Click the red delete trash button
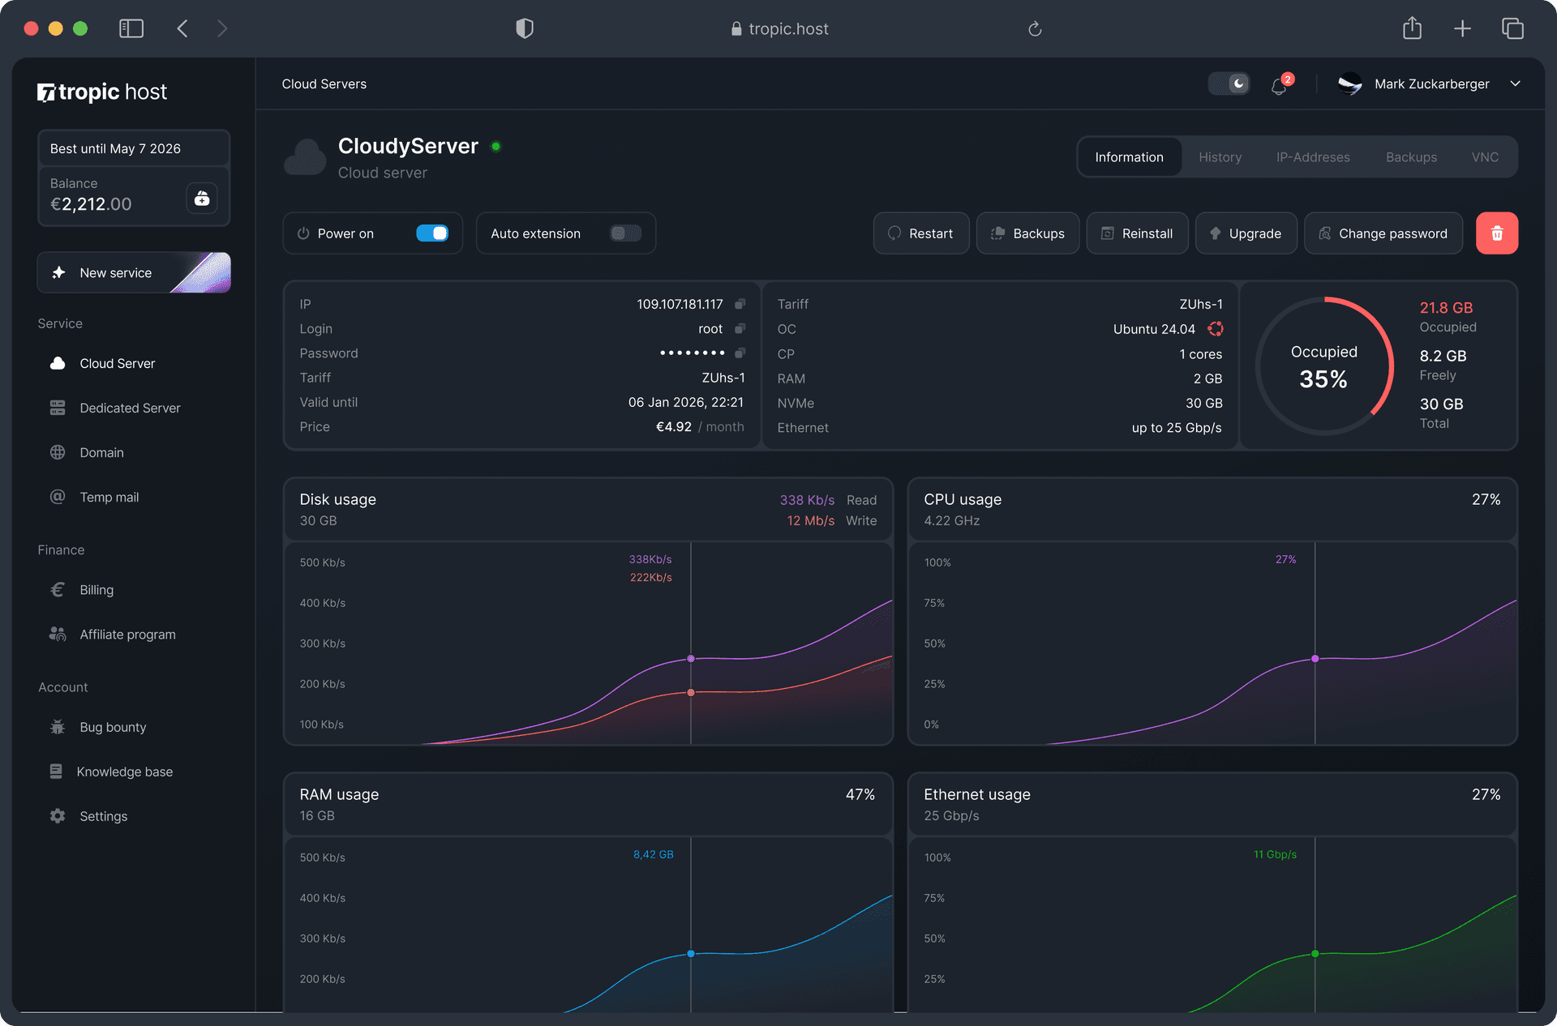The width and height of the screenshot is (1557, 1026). [1496, 233]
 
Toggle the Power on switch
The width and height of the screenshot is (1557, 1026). [432, 233]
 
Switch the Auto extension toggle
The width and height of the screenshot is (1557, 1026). [625, 233]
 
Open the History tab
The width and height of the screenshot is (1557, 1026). [1220, 157]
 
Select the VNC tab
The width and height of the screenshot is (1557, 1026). [1485, 157]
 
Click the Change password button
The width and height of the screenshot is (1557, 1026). [1383, 233]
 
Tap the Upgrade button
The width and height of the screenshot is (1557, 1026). [1246, 233]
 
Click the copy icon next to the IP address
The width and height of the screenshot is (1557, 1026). [740, 304]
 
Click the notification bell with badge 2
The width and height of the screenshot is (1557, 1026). [1280, 85]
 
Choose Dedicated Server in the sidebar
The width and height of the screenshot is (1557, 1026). [130, 408]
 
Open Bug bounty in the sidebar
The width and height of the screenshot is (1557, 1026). [113, 727]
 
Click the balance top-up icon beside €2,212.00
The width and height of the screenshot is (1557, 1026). [202, 198]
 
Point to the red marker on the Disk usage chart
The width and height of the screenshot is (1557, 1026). [691, 692]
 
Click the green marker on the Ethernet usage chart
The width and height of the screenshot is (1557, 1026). [1315, 954]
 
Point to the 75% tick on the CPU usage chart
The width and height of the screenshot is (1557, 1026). [934, 603]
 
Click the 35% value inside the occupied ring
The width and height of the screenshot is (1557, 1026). [1323, 379]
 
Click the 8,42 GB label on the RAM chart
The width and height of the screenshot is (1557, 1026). [653, 854]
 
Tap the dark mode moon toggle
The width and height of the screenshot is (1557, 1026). [1229, 83]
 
